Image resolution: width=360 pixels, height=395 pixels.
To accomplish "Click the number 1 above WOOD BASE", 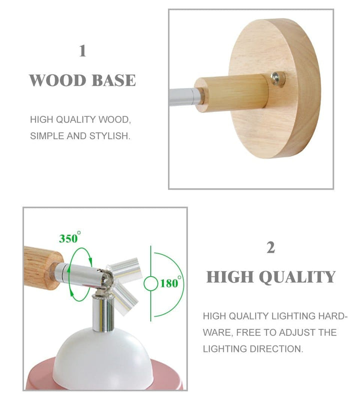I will click(x=82, y=51).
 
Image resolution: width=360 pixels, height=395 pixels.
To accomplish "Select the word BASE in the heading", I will click(x=114, y=80).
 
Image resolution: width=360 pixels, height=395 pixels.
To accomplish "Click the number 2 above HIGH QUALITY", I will click(x=270, y=247).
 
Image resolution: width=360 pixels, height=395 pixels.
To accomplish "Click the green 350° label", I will click(x=69, y=238).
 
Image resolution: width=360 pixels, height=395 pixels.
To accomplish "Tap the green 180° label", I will click(x=169, y=283).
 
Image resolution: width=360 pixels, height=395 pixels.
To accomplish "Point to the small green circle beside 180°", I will click(x=150, y=283).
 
